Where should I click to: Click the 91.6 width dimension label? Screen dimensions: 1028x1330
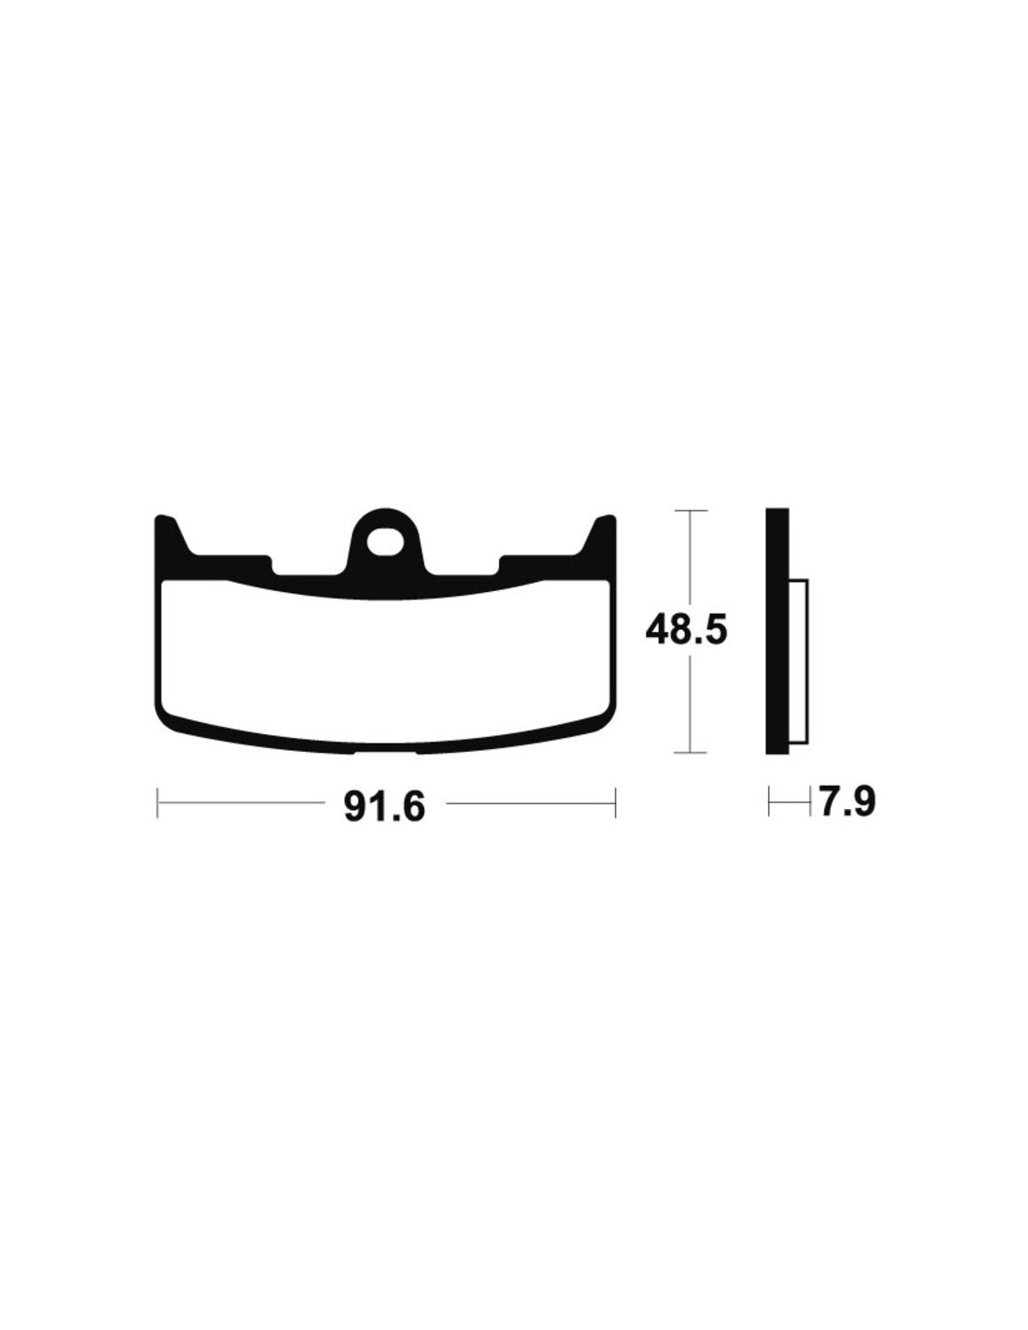point(384,807)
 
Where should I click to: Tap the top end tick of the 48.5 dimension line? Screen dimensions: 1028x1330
point(690,510)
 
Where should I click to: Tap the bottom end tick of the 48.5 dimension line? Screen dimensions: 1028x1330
point(690,753)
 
